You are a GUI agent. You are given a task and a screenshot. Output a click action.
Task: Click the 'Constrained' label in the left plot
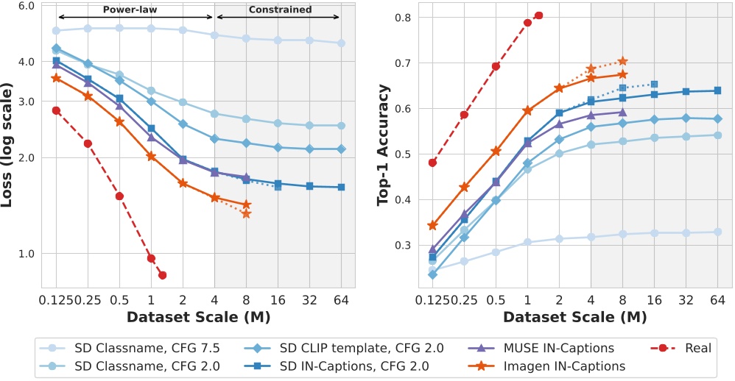point(280,10)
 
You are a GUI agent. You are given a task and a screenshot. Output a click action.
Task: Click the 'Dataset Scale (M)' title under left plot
point(198,318)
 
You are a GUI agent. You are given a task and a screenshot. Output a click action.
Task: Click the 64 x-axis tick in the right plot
point(717,300)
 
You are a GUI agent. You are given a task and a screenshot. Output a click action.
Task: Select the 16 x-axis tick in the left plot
point(278,300)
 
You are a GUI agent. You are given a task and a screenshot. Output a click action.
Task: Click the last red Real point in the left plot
point(162,275)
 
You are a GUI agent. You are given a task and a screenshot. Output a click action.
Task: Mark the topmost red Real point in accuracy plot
point(538,15)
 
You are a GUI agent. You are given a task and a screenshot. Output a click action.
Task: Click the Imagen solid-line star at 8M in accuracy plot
point(622,74)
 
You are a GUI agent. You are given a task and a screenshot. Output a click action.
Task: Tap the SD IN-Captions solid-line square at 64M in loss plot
point(341,187)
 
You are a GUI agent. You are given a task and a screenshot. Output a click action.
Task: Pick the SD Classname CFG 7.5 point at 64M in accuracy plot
point(717,232)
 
